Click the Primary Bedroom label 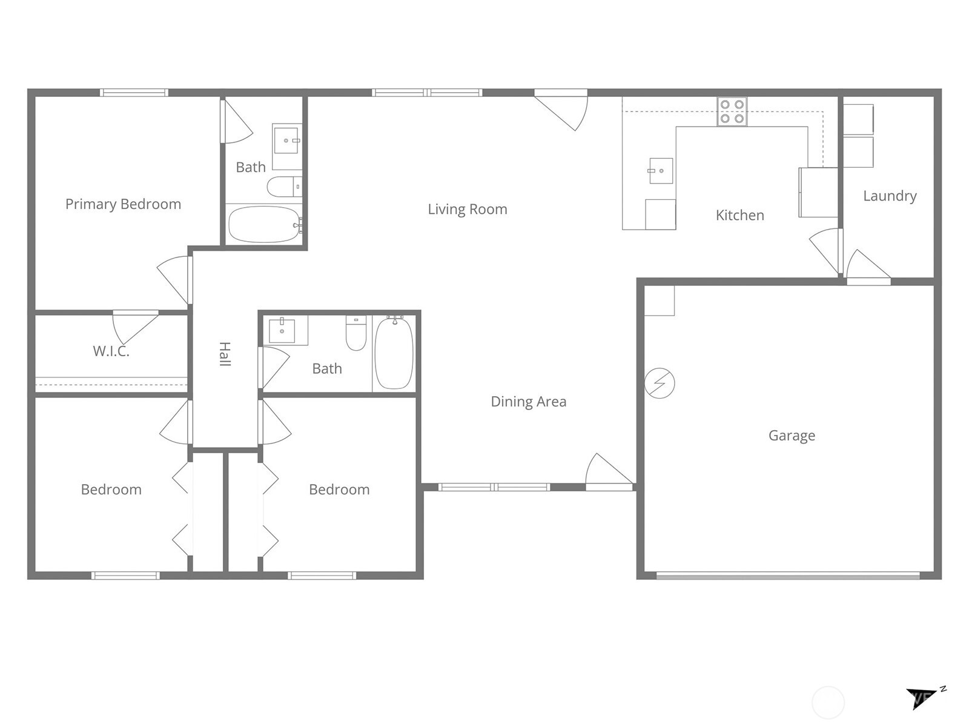[x=123, y=204]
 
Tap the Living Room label [x=467, y=209]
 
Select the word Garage [x=792, y=436]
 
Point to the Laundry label [x=889, y=196]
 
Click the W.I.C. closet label [x=111, y=351]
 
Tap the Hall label [x=225, y=354]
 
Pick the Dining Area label [x=528, y=402]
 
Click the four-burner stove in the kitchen [x=732, y=112]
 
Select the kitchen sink [x=660, y=171]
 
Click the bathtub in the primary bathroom [x=264, y=224]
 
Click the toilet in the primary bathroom [x=283, y=187]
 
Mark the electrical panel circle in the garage [x=660, y=383]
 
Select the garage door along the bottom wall [x=787, y=576]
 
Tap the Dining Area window [x=494, y=487]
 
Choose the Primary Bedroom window [x=134, y=93]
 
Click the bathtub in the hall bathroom [x=394, y=354]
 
